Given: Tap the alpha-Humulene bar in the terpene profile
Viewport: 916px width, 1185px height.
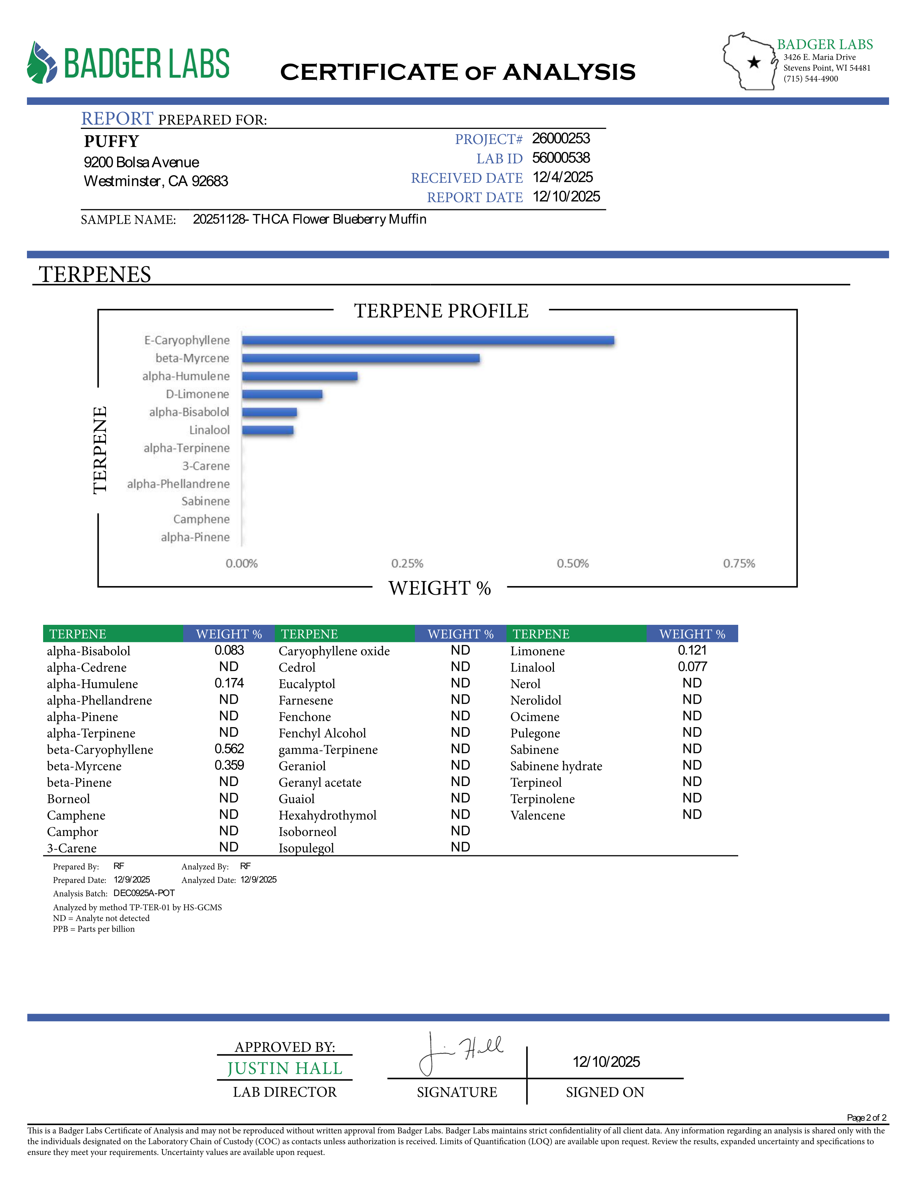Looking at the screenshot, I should coord(300,376).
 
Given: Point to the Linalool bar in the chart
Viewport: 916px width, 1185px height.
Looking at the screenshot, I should coord(268,430).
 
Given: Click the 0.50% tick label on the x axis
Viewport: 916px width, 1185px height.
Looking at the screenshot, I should coord(573,564).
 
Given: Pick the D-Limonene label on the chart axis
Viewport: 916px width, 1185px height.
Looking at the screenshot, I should coord(198,394).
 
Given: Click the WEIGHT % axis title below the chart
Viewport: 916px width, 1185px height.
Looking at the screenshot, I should coord(440,588).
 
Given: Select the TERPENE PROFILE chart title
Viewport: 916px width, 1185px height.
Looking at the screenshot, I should coord(441,311).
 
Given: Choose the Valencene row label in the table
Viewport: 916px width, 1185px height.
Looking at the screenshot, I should coord(537,815).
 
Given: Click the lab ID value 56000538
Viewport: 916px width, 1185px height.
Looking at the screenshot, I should coord(561,158).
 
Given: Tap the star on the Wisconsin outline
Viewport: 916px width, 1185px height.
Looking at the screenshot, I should coord(754,62).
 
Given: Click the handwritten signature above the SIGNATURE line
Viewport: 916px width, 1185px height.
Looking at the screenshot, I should coord(461,1052).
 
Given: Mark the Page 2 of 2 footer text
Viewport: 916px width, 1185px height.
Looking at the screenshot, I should coord(866,1118).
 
